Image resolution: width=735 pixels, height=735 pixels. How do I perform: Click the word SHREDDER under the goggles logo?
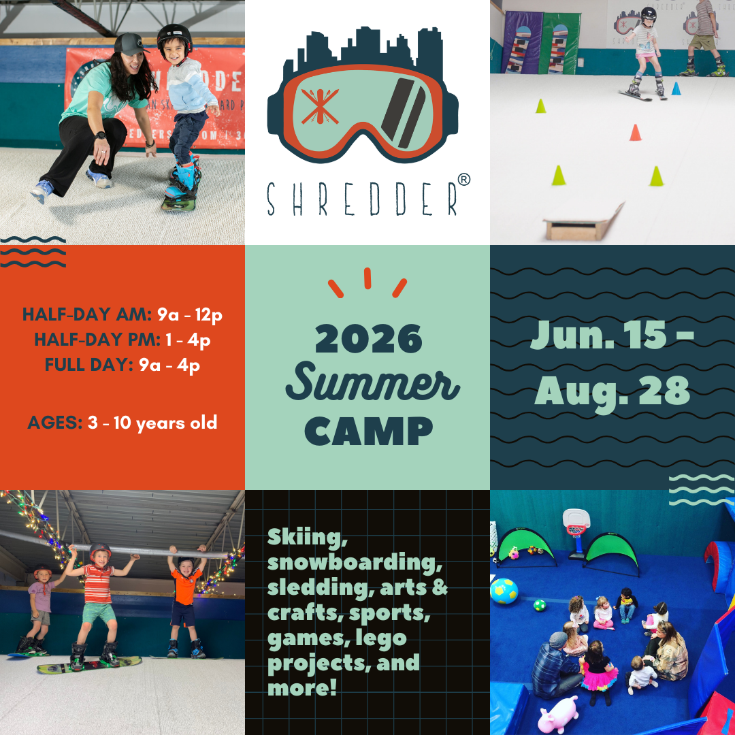362,199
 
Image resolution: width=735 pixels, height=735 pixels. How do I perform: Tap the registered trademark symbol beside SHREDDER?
463,180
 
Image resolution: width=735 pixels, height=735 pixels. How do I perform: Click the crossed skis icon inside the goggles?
320,106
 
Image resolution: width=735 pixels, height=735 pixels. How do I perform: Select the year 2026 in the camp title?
368,338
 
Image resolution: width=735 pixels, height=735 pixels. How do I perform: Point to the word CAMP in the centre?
368,431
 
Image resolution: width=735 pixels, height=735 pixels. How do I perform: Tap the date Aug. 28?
612,393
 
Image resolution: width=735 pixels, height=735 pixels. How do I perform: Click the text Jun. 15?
598,335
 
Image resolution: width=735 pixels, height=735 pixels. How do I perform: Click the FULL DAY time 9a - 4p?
169,365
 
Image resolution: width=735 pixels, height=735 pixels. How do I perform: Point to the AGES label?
55,423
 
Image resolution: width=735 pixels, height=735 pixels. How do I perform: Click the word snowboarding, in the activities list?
355,563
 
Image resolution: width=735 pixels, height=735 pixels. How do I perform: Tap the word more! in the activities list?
302,687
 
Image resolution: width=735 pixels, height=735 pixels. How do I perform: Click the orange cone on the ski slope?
635,133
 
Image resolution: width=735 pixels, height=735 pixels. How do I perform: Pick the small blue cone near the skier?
676,88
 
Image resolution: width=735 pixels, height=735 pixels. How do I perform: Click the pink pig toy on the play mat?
558,715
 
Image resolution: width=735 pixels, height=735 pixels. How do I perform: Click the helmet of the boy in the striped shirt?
100,551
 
